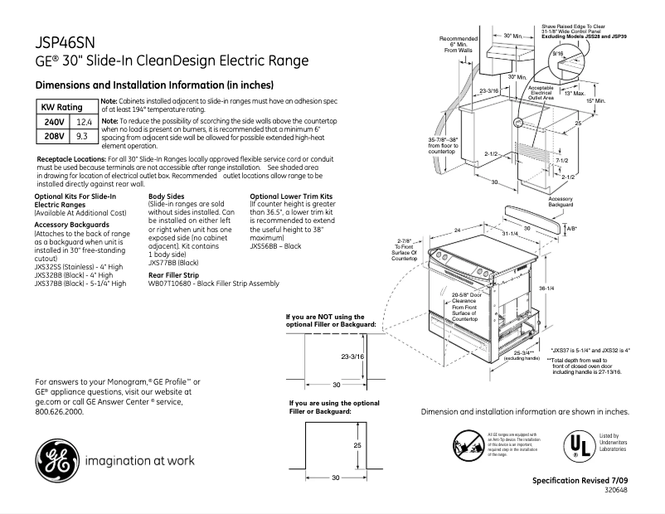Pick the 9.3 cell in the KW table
click(x=81, y=135)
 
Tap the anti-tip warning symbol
click(x=466, y=444)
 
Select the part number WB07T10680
click(x=171, y=283)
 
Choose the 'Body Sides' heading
click(x=167, y=196)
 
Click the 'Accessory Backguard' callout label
click(x=561, y=201)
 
